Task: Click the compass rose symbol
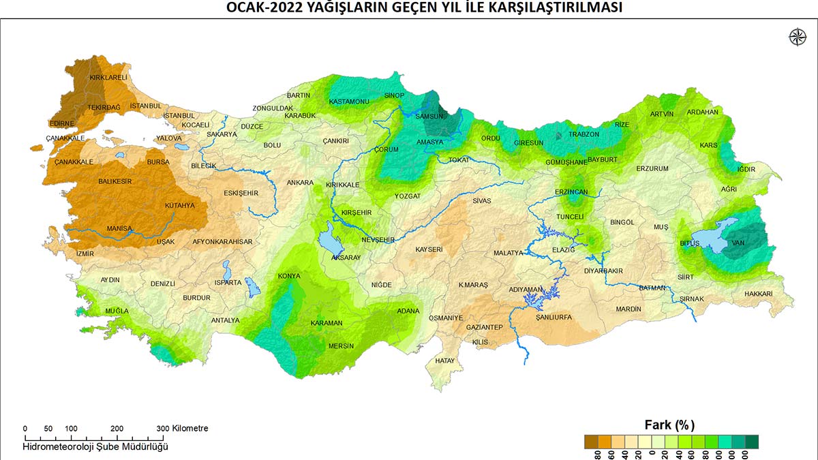pyautogui.click(x=796, y=37)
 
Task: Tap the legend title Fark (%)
pyautogui.click(x=670, y=425)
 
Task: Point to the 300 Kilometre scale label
pyautogui.click(x=185, y=429)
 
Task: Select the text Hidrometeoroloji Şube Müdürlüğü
pyautogui.click(x=95, y=447)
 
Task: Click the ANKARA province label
pyautogui.click(x=300, y=183)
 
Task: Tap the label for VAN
pyautogui.click(x=738, y=243)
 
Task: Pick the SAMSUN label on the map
pyautogui.click(x=429, y=117)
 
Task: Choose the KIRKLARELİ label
pyautogui.click(x=108, y=78)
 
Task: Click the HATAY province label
pyautogui.click(x=444, y=361)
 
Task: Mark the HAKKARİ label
pyautogui.click(x=758, y=294)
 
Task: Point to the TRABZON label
pyautogui.click(x=584, y=135)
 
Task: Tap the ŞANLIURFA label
pyautogui.click(x=553, y=318)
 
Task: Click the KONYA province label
pyautogui.click(x=288, y=276)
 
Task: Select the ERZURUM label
pyautogui.click(x=652, y=168)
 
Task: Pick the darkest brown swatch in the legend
pyautogui.click(x=591, y=442)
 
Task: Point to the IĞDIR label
pyautogui.click(x=746, y=169)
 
